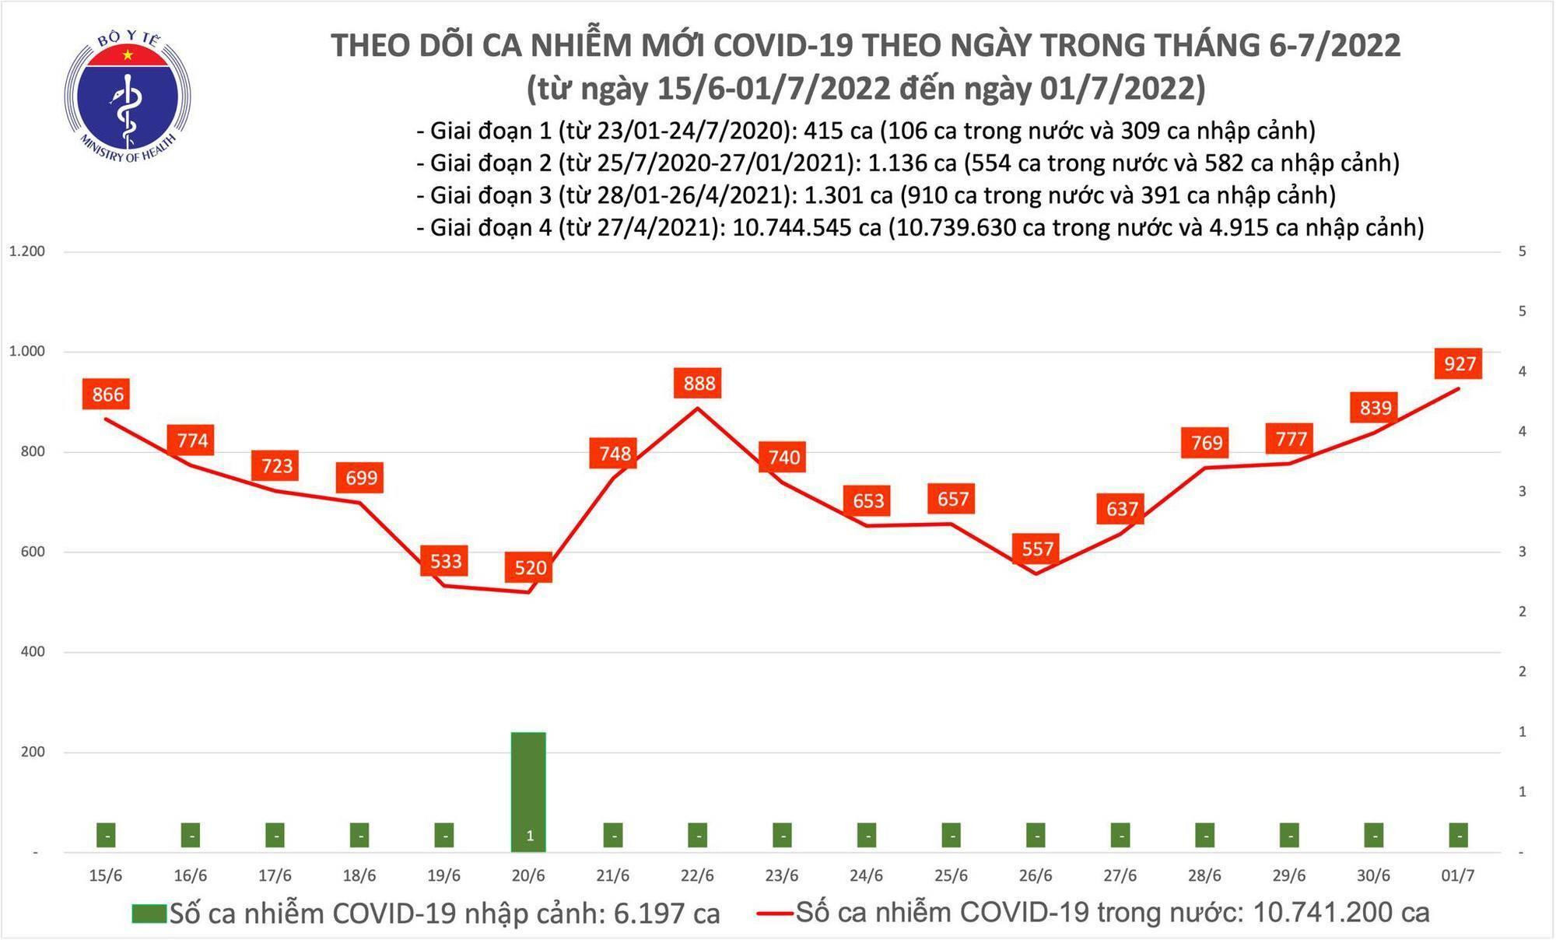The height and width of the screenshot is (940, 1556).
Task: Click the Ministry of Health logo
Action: click(x=127, y=96)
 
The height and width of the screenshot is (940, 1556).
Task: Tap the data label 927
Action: click(x=1460, y=363)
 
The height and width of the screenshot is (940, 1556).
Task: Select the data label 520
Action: click(x=530, y=567)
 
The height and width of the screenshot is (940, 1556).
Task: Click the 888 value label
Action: click(x=699, y=383)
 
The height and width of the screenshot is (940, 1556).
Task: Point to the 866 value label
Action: click(x=107, y=395)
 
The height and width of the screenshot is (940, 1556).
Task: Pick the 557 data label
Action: click(x=1037, y=549)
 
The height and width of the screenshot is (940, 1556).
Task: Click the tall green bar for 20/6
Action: click(x=529, y=791)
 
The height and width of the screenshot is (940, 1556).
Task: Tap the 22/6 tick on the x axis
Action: click(x=697, y=876)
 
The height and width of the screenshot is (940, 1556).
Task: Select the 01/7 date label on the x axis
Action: click(x=1457, y=876)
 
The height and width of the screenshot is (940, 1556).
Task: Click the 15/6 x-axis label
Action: click(x=106, y=876)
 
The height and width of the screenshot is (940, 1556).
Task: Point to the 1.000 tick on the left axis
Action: click(x=26, y=352)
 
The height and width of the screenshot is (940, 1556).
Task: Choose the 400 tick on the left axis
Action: click(x=33, y=652)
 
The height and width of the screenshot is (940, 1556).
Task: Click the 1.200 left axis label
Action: click(x=26, y=251)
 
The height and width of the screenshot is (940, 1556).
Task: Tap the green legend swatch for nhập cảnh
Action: click(x=149, y=914)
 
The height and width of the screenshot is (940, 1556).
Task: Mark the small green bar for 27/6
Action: click(x=1120, y=835)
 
